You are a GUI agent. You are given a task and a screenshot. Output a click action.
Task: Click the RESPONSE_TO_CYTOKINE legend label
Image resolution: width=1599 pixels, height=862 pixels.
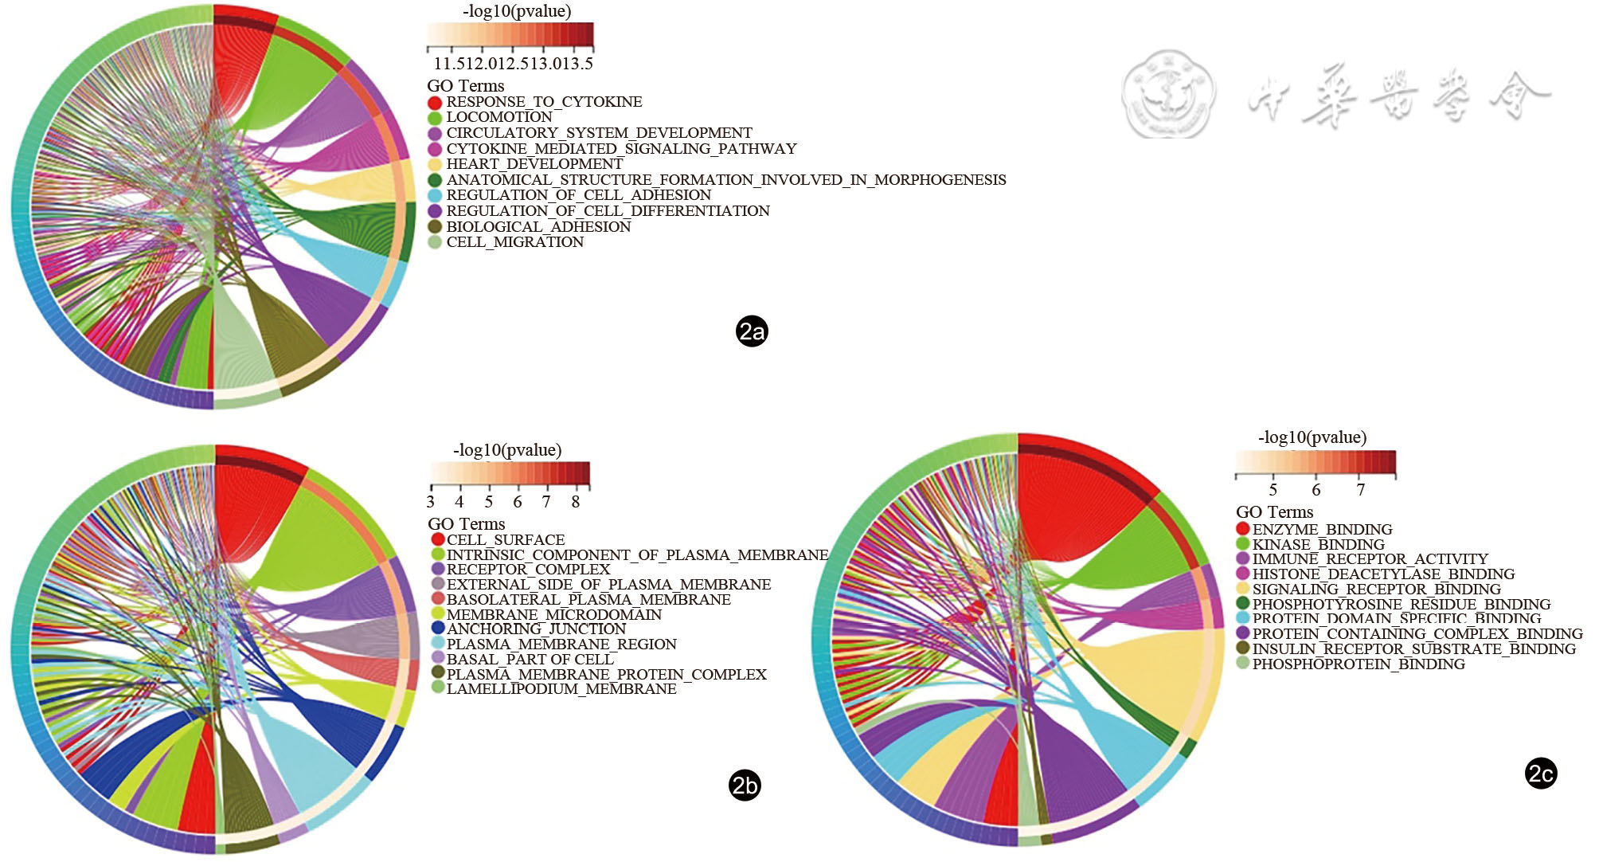[x=544, y=102]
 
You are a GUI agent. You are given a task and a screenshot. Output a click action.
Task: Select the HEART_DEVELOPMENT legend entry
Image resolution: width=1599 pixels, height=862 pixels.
[x=534, y=164]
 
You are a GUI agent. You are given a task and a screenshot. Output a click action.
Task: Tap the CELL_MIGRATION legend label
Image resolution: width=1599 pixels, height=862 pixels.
[x=514, y=242]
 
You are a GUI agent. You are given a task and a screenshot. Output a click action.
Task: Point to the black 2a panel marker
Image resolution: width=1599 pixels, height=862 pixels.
[x=752, y=331]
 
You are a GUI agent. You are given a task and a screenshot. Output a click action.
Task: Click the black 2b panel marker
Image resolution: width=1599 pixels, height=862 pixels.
[x=745, y=786]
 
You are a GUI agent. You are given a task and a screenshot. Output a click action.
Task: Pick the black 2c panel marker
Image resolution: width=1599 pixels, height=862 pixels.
[x=1541, y=774]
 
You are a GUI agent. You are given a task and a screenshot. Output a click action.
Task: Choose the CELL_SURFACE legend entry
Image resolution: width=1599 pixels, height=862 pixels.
[x=506, y=540]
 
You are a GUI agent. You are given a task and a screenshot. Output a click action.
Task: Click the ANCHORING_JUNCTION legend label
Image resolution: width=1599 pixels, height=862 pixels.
[x=536, y=629]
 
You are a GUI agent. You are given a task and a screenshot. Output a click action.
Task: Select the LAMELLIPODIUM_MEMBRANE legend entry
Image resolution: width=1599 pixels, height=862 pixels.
[x=561, y=689]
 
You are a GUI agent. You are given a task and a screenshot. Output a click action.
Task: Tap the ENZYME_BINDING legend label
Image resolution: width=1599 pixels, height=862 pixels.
[x=1322, y=530]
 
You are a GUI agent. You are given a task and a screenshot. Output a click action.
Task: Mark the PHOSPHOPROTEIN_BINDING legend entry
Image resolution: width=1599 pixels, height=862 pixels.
[x=1359, y=664]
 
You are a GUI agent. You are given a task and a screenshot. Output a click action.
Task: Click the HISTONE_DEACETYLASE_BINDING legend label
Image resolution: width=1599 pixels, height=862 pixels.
[x=1383, y=574]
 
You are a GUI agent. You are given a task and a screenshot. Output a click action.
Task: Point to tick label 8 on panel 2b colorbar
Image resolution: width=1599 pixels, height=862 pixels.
[x=576, y=502]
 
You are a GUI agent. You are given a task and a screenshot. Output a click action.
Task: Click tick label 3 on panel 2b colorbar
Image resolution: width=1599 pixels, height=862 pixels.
[x=431, y=502]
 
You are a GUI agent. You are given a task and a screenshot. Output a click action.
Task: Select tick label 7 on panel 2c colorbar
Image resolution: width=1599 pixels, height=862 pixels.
[x=1360, y=490]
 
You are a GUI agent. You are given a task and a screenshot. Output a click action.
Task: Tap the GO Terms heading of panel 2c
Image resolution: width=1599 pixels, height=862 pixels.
[x=1274, y=512]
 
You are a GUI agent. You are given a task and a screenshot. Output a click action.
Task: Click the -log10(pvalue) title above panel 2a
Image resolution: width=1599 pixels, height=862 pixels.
[x=517, y=11]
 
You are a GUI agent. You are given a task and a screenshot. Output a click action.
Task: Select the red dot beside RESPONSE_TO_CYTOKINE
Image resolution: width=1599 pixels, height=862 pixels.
[x=435, y=103]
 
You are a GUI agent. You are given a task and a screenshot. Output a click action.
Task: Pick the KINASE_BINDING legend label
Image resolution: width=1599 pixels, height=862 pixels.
[x=1318, y=545]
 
